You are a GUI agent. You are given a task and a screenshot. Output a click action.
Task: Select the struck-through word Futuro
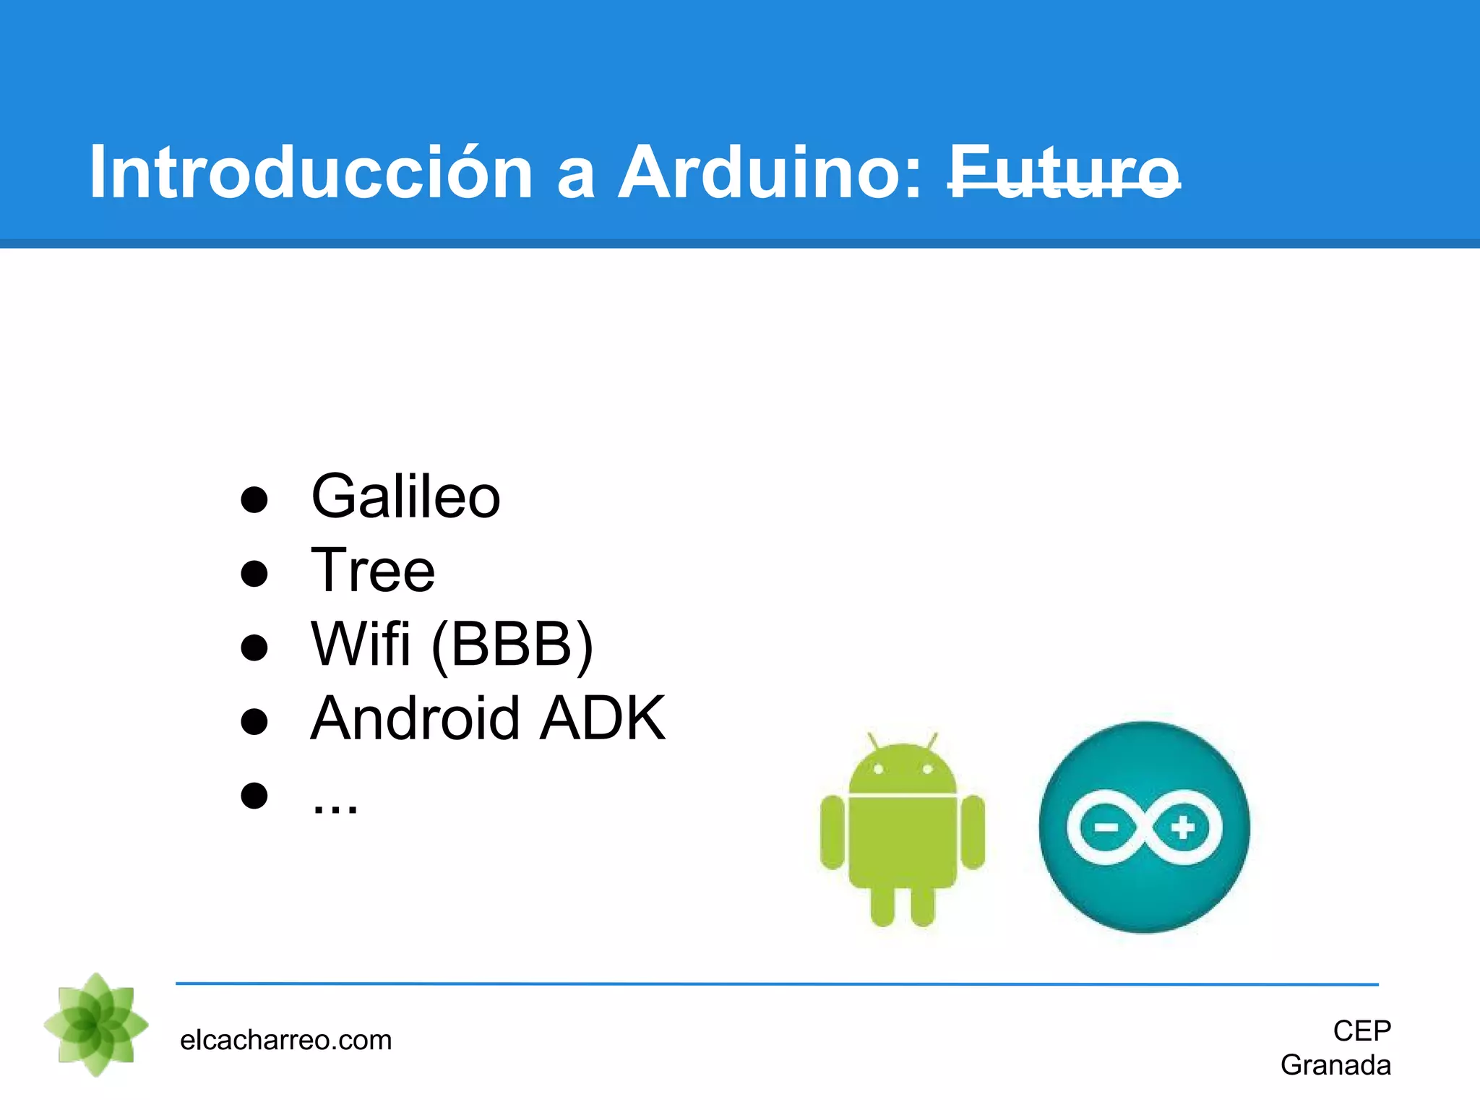pos(1064,173)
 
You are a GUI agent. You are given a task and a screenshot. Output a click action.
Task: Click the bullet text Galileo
pos(405,496)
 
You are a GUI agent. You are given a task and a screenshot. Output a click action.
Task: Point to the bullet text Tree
pos(373,570)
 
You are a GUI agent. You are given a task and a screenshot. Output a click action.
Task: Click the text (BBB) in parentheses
pos(512,645)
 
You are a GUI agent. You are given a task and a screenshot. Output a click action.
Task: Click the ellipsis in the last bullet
pos(335,805)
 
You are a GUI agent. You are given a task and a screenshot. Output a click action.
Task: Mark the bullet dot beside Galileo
pos(254,499)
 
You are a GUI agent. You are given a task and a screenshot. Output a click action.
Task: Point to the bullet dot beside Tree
pos(254,573)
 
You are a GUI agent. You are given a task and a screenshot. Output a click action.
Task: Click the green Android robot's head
pos(903,770)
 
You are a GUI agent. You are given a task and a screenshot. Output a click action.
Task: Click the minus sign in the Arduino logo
pos(1106,827)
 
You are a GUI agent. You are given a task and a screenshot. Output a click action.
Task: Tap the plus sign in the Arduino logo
pos(1183,827)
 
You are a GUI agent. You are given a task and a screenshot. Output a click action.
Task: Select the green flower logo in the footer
pos(96,1025)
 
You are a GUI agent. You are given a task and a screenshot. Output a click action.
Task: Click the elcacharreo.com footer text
pos(285,1040)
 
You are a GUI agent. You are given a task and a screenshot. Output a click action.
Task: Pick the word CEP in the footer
pos(1361,1031)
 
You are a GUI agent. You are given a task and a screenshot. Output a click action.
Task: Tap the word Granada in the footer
pos(1335,1065)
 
